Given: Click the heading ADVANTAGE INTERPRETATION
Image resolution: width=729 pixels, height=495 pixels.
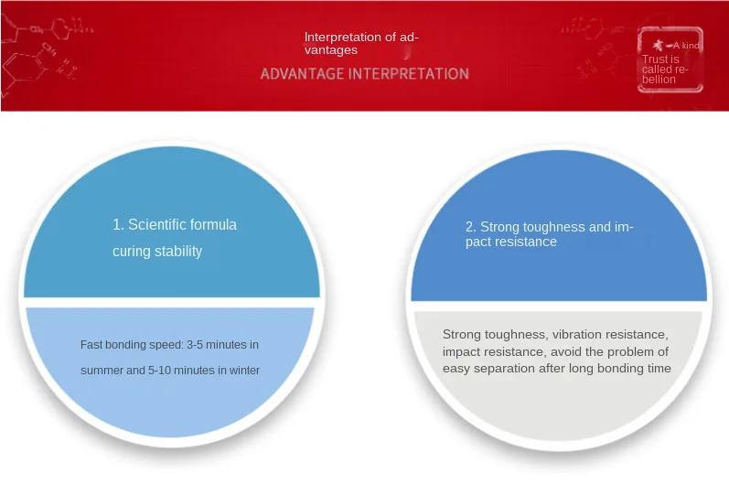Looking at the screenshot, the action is coord(364,73).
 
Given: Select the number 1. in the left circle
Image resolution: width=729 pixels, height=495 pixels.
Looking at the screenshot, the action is coord(118,225).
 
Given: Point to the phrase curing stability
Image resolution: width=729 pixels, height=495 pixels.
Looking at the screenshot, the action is coord(157,252).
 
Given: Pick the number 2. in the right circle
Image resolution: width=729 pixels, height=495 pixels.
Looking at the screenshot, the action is coord(471,227).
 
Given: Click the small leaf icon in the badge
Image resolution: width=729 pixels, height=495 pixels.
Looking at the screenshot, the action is coord(658,45).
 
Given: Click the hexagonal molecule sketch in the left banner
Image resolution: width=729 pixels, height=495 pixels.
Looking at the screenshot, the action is coord(24,69).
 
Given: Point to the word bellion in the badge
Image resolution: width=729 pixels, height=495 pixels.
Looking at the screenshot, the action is coord(659,80).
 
